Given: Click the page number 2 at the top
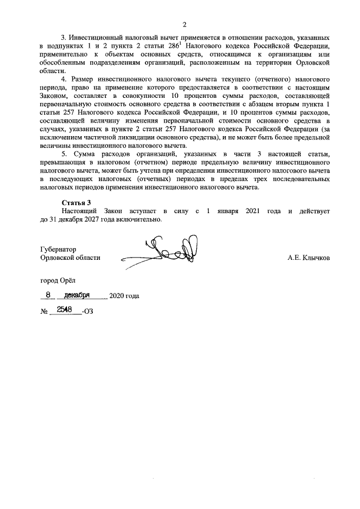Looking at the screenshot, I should [184, 24].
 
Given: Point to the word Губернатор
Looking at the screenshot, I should [58, 249].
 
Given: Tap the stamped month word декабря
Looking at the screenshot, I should [78, 294].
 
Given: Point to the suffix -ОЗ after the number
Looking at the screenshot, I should [87, 311].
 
